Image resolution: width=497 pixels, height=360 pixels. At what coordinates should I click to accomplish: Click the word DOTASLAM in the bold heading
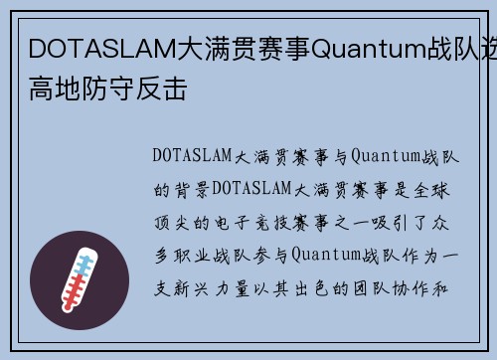coord(88,48)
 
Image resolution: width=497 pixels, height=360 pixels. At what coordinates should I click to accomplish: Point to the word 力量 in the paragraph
coord(245,284)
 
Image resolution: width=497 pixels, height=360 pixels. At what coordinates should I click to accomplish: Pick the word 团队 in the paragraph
coord(382,284)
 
